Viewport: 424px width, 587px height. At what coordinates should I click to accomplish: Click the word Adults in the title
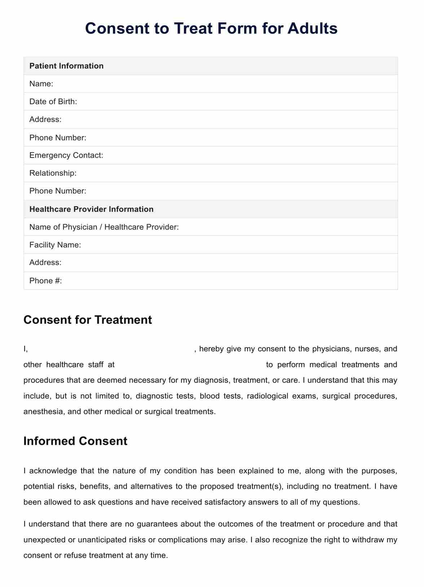click(x=313, y=28)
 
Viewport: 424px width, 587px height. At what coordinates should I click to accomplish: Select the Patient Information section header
click(x=66, y=66)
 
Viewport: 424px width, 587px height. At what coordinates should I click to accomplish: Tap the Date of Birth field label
click(x=53, y=102)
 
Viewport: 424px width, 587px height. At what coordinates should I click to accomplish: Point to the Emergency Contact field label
click(x=66, y=155)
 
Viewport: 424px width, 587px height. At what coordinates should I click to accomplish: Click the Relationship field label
click(x=53, y=173)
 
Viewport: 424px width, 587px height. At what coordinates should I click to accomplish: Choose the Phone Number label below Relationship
click(x=58, y=191)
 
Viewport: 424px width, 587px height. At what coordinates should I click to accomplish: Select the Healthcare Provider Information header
click(x=91, y=209)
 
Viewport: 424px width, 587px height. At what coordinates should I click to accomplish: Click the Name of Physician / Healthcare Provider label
click(x=104, y=227)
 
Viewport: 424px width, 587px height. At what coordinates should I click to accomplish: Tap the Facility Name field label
click(x=55, y=245)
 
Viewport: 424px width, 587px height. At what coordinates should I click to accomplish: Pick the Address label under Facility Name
click(x=45, y=263)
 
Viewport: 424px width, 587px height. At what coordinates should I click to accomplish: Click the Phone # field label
click(x=46, y=281)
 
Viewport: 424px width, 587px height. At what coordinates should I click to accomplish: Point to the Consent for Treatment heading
click(x=88, y=320)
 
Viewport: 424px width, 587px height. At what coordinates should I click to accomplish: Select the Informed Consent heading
click(x=75, y=441)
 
